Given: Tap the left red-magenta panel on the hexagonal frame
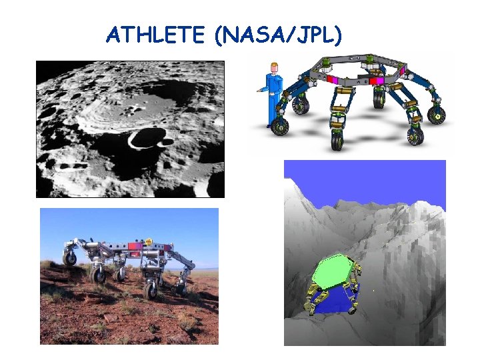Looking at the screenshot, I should click(x=331, y=81).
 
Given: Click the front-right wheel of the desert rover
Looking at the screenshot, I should click(x=150, y=291).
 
